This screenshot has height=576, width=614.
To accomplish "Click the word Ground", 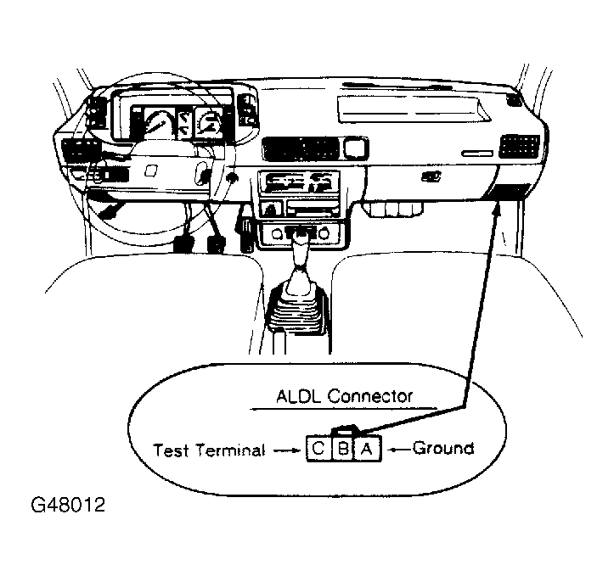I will pyautogui.click(x=442, y=447).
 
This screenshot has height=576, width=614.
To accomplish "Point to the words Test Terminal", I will pyautogui.click(x=209, y=450).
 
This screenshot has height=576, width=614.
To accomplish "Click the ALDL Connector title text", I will pyautogui.click(x=344, y=396).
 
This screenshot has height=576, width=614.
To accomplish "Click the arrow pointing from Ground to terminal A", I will pyautogui.click(x=397, y=447).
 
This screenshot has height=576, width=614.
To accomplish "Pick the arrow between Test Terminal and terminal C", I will pyautogui.click(x=284, y=450).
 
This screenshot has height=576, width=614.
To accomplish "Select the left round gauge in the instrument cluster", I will pyautogui.click(x=158, y=125).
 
